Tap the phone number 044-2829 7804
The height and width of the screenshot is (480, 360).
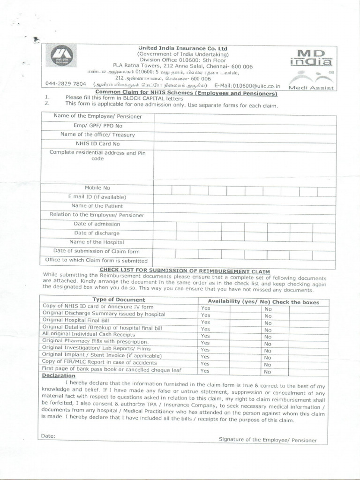click(x=66, y=84)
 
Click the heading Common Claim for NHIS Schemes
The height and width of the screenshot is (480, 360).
click(x=186, y=92)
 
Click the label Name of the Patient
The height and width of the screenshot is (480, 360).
click(x=97, y=206)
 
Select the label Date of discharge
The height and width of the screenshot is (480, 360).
click(x=97, y=233)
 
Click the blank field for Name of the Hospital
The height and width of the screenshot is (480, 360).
click(x=244, y=242)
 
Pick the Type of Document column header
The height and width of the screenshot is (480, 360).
click(x=119, y=300)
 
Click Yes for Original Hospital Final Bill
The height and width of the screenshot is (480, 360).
click(x=205, y=322)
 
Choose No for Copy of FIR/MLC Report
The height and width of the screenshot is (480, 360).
click(x=268, y=364)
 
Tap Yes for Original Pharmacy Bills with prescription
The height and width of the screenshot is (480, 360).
click(x=205, y=343)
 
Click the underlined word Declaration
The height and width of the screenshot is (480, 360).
click(x=59, y=376)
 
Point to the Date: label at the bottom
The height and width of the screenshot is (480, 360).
click(x=48, y=436)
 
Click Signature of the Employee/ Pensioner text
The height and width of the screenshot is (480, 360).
click(x=268, y=440)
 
